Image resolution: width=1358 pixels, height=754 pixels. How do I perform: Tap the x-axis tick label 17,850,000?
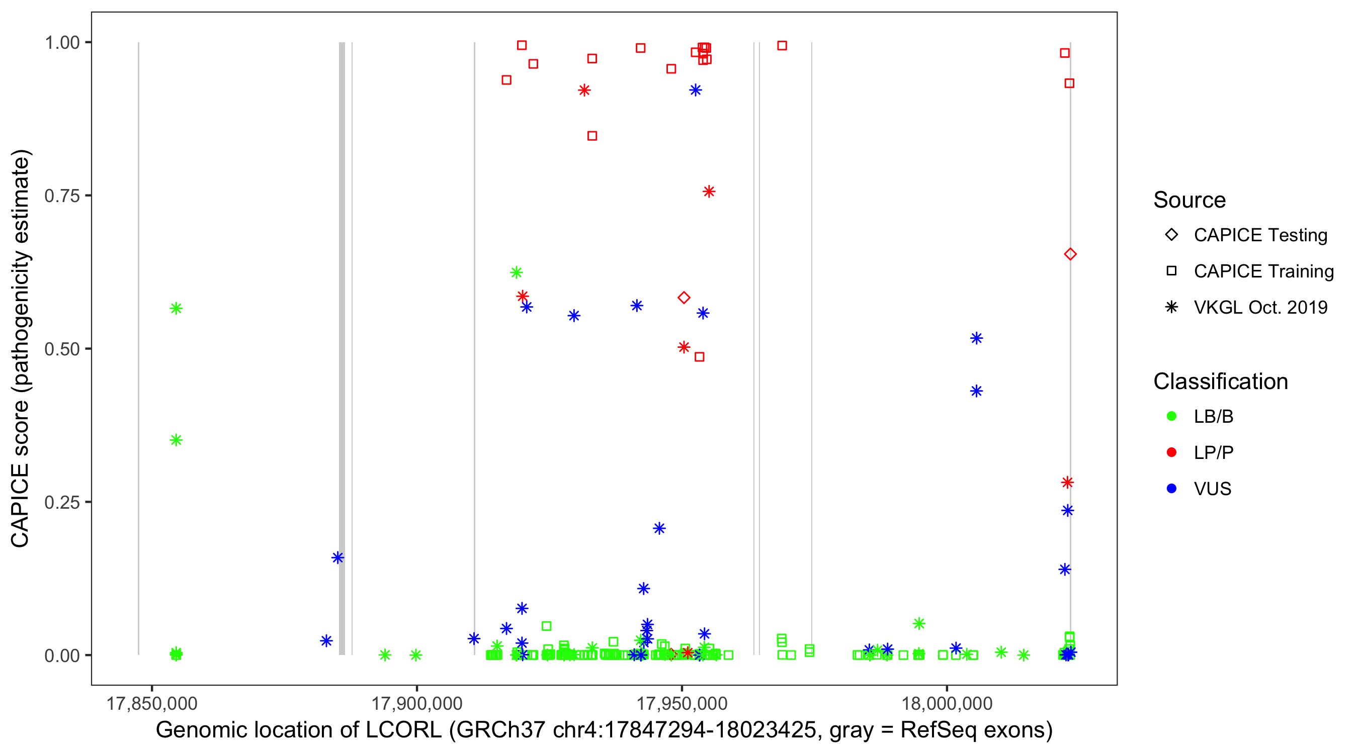(x=152, y=703)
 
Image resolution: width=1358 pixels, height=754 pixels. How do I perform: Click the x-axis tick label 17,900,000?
(x=416, y=703)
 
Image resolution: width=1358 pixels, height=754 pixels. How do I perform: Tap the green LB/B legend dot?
(x=1172, y=416)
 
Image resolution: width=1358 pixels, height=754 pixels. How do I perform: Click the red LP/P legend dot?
(x=1172, y=452)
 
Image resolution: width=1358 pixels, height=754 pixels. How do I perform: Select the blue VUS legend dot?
(x=1172, y=489)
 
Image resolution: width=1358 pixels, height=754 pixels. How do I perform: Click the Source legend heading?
(x=1190, y=200)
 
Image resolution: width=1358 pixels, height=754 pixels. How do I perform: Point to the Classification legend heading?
(x=1220, y=382)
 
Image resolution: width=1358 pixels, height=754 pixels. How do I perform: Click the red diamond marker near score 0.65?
(x=1070, y=254)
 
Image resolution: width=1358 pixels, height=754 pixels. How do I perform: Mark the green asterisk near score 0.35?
(x=176, y=440)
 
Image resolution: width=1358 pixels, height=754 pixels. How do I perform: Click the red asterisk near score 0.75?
(x=709, y=192)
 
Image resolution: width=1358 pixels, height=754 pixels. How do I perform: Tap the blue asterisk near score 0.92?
(x=695, y=90)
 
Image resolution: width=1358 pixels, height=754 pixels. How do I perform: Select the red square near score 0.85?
(x=592, y=136)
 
